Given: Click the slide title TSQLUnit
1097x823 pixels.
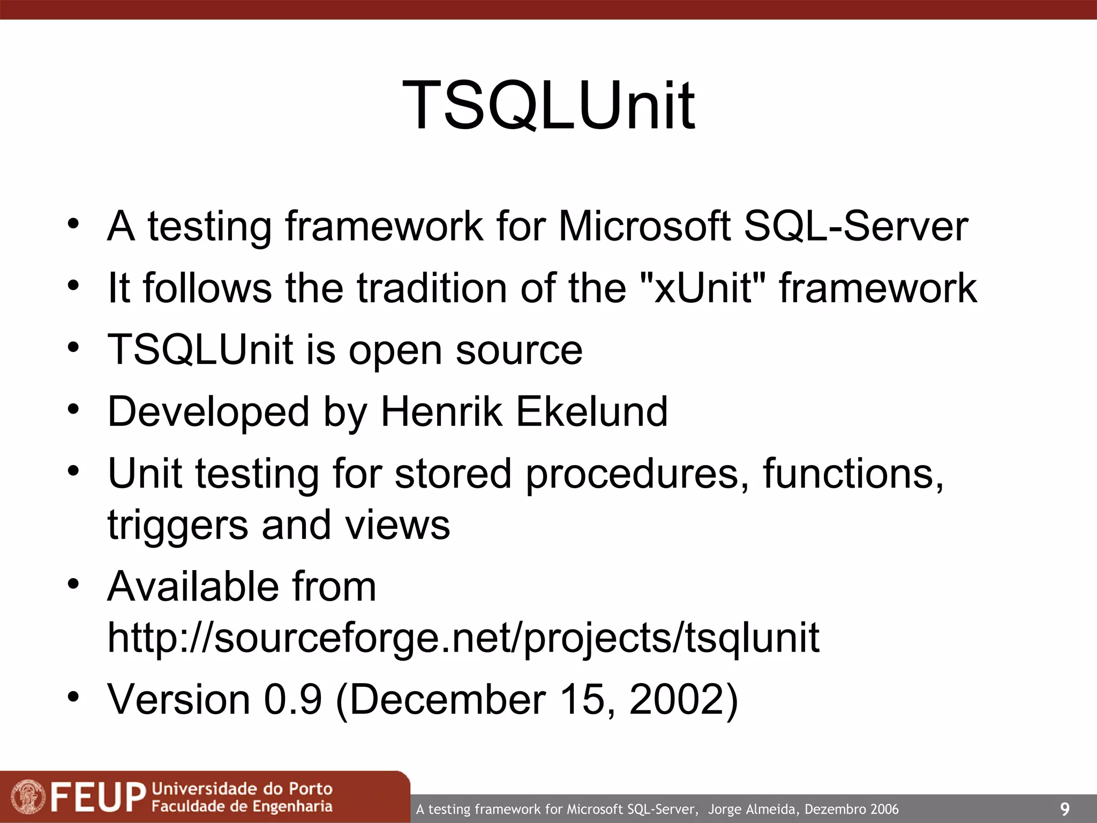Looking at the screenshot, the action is coord(548,105).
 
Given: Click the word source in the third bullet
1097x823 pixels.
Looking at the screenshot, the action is coord(519,350).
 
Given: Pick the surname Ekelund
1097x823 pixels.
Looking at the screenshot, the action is coord(591,411).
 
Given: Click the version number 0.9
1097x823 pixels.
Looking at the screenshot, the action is coord(293,700).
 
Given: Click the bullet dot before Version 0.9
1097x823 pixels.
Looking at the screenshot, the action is coord(73,697).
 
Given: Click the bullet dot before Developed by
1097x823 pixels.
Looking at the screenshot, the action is coord(73,409).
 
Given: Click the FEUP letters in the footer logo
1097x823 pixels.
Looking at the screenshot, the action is coord(97,797).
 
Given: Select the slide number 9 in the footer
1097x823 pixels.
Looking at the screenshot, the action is coord(1064,809).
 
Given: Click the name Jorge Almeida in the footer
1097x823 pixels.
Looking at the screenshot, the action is coord(753,809).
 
